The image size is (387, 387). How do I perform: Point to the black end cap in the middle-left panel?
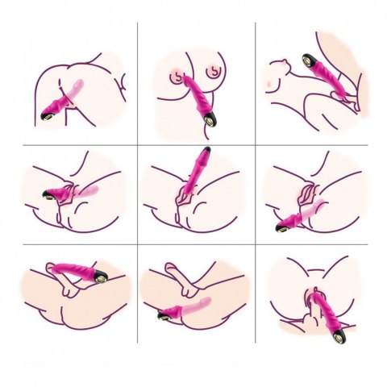point(44,194)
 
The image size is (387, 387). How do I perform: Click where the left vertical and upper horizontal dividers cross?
point(136,145)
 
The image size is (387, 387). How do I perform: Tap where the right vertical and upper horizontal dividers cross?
point(256,145)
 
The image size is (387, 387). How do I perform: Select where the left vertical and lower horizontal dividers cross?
point(136,243)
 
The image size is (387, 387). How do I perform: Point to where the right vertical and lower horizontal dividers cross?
point(256,243)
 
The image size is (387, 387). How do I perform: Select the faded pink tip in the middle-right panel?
point(319,206)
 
